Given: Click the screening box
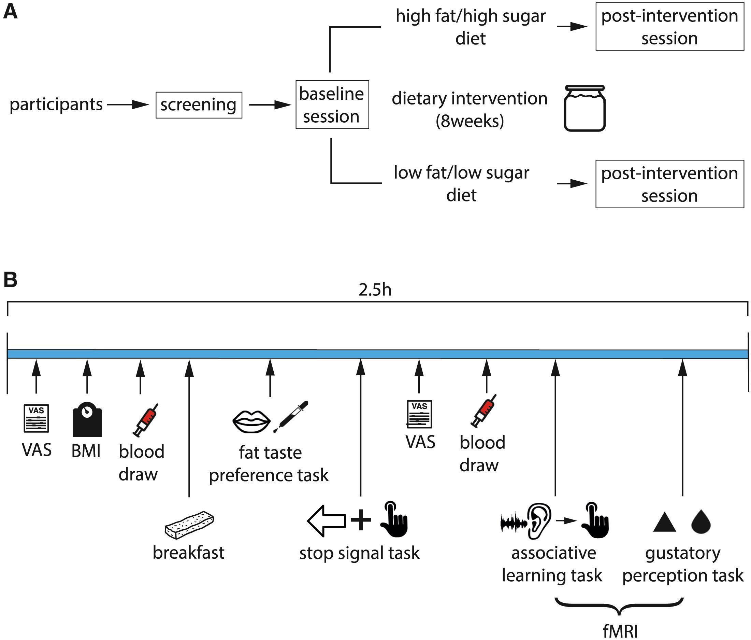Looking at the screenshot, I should (x=199, y=105).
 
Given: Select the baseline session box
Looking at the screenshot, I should (x=332, y=105).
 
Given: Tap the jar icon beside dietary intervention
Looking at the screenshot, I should (x=584, y=108).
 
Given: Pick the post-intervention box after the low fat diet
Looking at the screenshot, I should (x=669, y=184).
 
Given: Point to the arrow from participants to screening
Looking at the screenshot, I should (x=128, y=105).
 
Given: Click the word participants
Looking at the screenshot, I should (x=56, y=105).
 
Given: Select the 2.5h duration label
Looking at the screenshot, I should (x=375, y=290).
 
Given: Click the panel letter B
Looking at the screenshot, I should (x=10, y=280).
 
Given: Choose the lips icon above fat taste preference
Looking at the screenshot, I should (x=251, y=421).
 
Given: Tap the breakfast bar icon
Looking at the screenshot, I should (x=189, y=525).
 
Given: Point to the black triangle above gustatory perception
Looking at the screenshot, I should (x=664, y=523).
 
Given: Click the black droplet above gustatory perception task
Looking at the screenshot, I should (x=701, y=522).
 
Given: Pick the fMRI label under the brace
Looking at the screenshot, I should (x=620, y=631).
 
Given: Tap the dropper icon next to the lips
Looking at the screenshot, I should (x=293, y=416).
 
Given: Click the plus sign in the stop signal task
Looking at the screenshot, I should (x=361, y=520).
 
